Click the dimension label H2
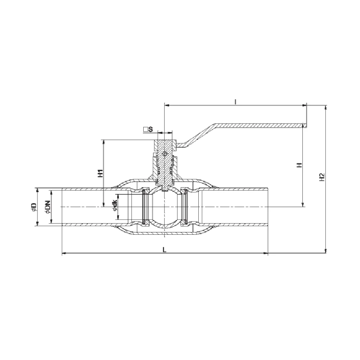click(x=322, y=177)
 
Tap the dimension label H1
click(x=100, y=174)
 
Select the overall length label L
click(x=165, y=250)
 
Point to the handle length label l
click(x=235, y=102)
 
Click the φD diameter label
click(x=34, y=207)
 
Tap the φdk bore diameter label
click(x=115, y=205)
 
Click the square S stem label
click(x=148, y=129)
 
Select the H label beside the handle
click(x=300, y=165)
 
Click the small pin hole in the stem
click(x=164, y=154)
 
